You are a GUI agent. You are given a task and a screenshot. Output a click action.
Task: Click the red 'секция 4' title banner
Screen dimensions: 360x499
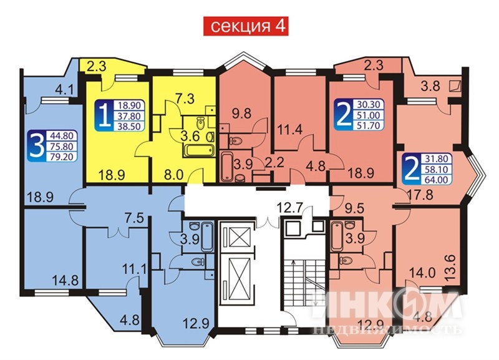click(249, 27)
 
